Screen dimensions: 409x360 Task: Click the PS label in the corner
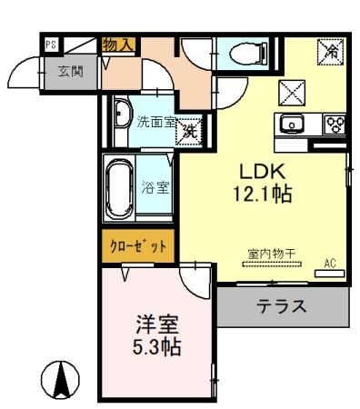pyautogui.click(x=51, y=43)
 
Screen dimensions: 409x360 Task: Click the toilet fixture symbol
pyautogui.click(x=245, y=55)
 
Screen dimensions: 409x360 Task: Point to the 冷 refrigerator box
pyautogui.click(x=330, y=54)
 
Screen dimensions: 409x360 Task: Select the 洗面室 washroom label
pyautogui.click(x=155, y=119)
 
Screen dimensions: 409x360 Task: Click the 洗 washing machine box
pyautogui.click(x=189, y=130)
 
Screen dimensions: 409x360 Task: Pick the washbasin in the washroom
pyautogui.click(x=122, y=115)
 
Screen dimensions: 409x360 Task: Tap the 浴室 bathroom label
pyautogui.click(x=155, y=188)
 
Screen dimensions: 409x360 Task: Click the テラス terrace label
pyautogui.click(x=278, y=306)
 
